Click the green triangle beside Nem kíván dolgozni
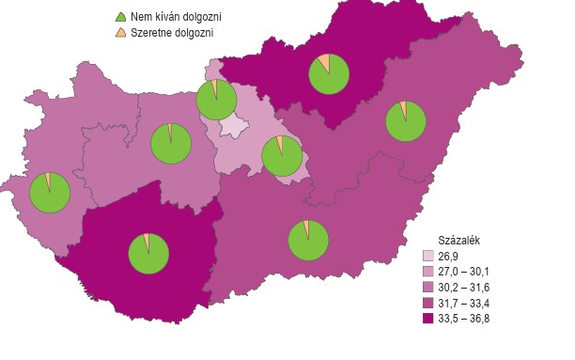(x=119, y=17)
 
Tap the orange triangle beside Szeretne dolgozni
(x=119, y=33)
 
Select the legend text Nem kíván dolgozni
(x=177, y=17)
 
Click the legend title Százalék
(x=460, y=240)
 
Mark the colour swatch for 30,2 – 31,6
(x=428, y=288)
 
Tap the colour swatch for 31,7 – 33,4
(x=428, y=304)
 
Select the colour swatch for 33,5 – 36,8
(x=428, y=319)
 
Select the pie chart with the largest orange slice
(x=329, y=74)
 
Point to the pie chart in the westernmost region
(x=50, y=193)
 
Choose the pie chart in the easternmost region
(x=407, y=121)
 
